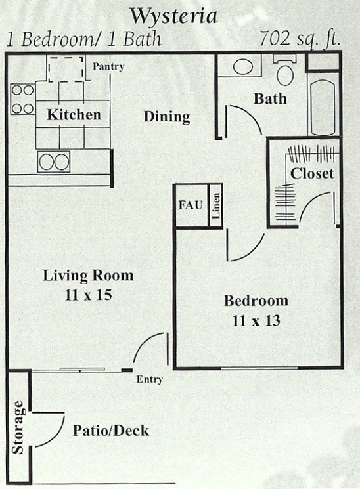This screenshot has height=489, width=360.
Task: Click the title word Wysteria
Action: pos(173,16)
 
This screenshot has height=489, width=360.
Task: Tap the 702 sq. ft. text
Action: pos(300,39)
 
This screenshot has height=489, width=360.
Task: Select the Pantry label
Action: pos(108,66)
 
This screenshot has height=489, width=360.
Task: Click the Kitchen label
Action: pos(74,114)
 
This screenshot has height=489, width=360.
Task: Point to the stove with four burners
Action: pos(23,100)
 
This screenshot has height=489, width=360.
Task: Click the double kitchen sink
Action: pos(54,162)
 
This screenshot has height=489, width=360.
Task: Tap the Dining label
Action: pos(167,117)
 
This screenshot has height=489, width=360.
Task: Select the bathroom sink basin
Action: pos(243,67)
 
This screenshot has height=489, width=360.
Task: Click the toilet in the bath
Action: pos(284,70)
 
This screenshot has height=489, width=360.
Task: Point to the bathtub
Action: pos(323,107)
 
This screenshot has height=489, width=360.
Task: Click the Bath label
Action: pos(270,98)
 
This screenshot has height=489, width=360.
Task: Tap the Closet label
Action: pos(312,173)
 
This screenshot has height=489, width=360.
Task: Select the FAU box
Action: pos(191,205)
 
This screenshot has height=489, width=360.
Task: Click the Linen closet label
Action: pos(216,206)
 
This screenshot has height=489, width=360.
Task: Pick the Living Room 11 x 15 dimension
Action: pos(89,295)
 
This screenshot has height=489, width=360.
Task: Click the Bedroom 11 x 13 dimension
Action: pos(256,320)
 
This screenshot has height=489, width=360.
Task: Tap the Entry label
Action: pos(150,379)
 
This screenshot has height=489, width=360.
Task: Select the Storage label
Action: pos(18,427)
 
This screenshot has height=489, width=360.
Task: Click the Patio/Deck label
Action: pos(111,431)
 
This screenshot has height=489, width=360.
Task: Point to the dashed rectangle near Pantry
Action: pos(66,70)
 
